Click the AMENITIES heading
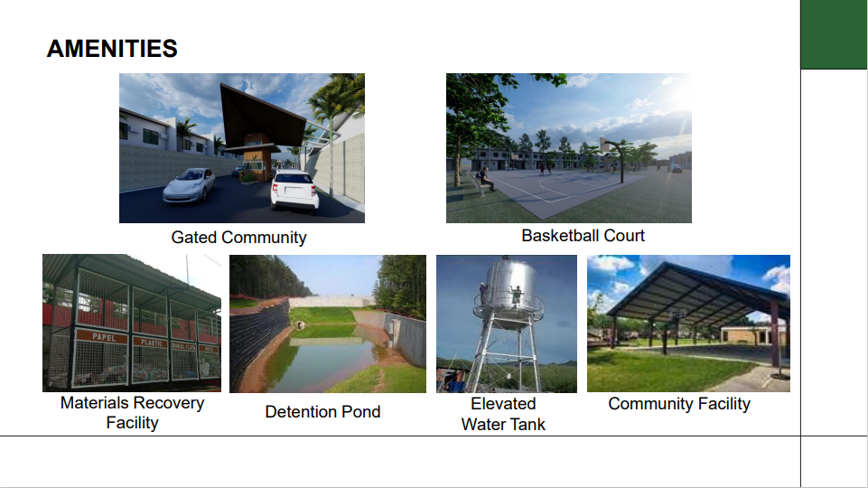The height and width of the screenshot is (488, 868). [112, 49]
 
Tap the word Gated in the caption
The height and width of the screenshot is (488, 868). [194, 237]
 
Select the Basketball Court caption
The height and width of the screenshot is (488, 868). [583, 235]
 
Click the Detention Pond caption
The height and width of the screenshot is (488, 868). [322, 411]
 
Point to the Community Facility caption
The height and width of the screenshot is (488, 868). [679, 404]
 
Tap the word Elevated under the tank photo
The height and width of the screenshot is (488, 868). [503, 404]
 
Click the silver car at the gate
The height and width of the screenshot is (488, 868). [190, 184]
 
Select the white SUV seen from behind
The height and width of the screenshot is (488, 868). [294, 191]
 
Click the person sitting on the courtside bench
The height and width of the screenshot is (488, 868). [485, 179]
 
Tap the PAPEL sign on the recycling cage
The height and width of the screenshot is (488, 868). [104, 337]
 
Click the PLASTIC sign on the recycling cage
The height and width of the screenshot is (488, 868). [151, 343]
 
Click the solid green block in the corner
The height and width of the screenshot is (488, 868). [834, 34]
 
